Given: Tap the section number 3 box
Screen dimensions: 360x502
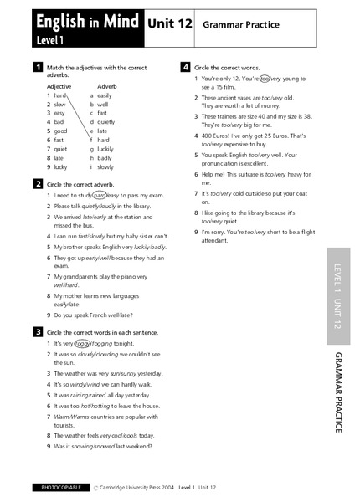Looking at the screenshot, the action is tap(39, 331).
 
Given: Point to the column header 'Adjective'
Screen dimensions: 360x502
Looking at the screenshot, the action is tap(59, 86).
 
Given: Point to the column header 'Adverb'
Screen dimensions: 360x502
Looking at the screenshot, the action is tap(107, 86).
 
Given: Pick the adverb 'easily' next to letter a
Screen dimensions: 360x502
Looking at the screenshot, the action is tap(106, 95).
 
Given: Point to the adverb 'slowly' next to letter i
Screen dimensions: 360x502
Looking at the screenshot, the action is tap(107, 166).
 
